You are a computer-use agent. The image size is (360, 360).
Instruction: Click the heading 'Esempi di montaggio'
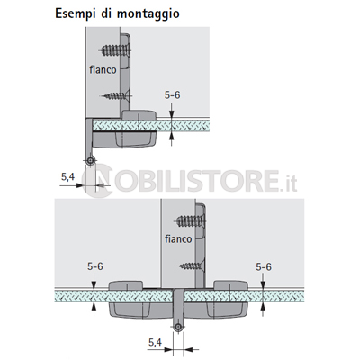point(117,13)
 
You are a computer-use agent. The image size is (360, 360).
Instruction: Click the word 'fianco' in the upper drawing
point(103,69)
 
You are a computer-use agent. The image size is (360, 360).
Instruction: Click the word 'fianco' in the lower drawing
point(178,238)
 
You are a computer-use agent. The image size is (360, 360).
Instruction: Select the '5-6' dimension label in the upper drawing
point(173,95)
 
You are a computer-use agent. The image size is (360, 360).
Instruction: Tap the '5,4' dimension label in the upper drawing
point(67,177)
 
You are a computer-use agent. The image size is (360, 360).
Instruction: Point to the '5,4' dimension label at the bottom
point(155,342)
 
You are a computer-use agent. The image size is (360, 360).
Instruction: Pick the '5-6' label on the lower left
point(95,266)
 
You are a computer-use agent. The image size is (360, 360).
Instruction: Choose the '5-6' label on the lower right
point(264,266)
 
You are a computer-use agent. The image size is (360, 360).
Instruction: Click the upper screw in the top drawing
point(115,50)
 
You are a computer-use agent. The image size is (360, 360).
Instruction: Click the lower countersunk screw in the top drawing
point(116,95)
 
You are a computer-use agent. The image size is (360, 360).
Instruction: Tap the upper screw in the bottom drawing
point(191,221)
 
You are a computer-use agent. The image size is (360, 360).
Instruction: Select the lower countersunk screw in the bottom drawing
point(191,265)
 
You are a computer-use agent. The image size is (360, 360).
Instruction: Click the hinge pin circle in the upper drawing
point(90,161)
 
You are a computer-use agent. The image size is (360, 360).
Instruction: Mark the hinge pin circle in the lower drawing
point(178,327)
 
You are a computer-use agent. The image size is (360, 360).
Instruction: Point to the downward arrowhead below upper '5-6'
point(171,114)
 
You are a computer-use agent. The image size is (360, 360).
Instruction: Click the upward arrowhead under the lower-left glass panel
point(94,306)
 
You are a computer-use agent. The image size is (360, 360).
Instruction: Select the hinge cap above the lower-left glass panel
point(126,285)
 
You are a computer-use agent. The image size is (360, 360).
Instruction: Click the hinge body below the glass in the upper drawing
point(124,139)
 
